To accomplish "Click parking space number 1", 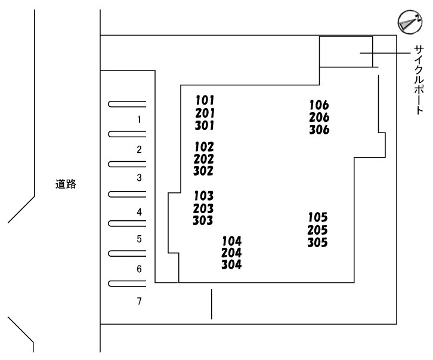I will click(139, 119).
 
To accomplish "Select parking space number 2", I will click(139, 149).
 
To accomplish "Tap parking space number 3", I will click(139, 178).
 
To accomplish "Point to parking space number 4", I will click(139, 212).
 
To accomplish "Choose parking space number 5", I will click(139, 239).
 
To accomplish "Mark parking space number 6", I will click(139, 269).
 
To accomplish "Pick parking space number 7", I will click(139, 301).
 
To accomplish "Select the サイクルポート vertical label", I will click(419, 81).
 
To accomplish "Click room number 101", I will click(205, 100).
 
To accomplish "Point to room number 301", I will click(205, 125).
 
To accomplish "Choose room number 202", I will click(204, 159).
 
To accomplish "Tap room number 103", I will click(203, 196).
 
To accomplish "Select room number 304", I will click(231, 265).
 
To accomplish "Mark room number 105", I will click(318, 218).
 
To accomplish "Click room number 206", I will click(319, 118).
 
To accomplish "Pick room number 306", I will click(319, 130).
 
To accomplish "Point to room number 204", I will click(231, 253).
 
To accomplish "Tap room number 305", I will click(318, 242).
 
